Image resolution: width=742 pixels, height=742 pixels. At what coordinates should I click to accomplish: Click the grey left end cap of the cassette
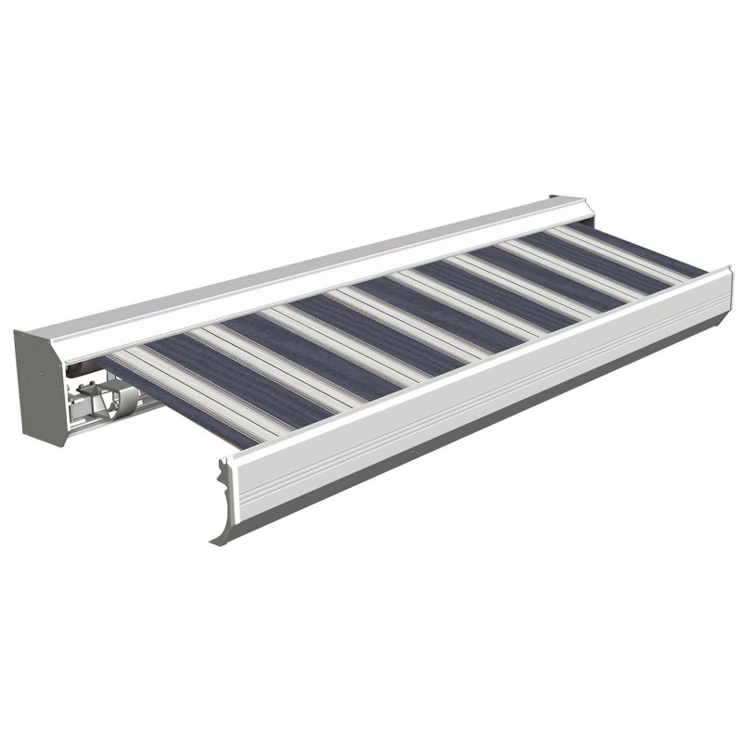37,385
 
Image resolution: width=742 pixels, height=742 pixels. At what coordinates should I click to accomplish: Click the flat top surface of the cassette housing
306,264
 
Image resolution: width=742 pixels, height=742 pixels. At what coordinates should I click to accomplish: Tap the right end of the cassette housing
575,209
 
